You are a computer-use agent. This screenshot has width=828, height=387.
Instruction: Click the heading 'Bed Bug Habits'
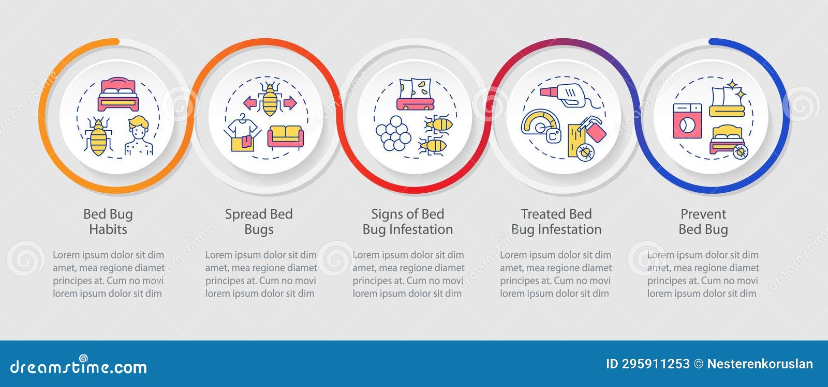(x=108, y=222)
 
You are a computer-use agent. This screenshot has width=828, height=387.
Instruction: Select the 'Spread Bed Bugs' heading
(x=259, y=222)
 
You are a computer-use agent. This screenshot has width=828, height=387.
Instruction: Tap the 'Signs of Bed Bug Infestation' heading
(x=408, y=222)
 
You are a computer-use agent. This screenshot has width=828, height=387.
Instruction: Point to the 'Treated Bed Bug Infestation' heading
(x=556, y=222)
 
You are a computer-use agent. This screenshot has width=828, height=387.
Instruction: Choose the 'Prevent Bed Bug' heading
(x=703, y=222)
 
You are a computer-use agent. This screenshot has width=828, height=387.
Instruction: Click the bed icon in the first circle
(x=119, y=95)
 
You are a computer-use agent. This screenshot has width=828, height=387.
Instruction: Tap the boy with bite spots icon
(x=139, y=136)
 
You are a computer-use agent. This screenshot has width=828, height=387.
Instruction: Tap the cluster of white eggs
(x=393, y=133)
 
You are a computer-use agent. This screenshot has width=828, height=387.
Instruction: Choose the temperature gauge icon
(x=541, y=127)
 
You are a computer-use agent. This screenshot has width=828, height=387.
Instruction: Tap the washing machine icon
(x=687, y=121)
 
